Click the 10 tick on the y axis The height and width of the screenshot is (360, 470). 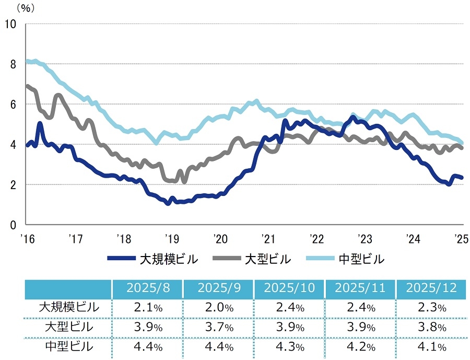coord(10,24)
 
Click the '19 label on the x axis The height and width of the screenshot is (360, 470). coord(171,239)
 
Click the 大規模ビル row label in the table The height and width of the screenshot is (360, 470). coord(69,308)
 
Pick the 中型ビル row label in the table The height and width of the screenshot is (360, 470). coord(69,346)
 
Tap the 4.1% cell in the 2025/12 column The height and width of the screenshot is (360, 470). coord(431,346)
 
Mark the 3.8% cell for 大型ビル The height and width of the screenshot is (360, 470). coord(431,327)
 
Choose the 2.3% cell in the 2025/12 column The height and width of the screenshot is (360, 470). coord(431,308)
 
